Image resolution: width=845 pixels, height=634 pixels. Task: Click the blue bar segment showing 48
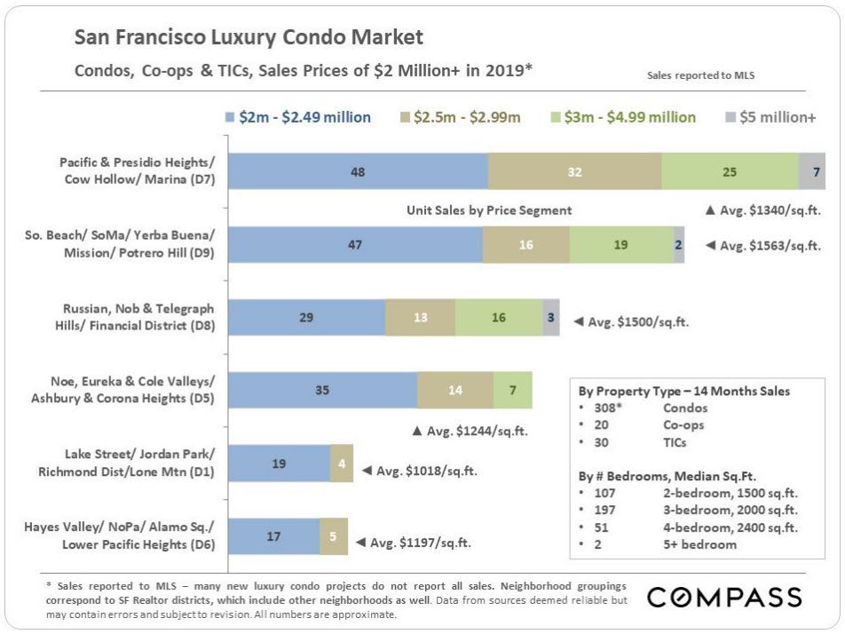click(358, 171)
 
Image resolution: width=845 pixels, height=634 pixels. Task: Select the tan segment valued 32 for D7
click(574, 171)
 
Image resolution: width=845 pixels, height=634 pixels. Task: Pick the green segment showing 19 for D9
click(621, 244)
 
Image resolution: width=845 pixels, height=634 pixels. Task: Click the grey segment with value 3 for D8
click(551, 317)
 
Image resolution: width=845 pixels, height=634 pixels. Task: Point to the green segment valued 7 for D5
click(512, 390)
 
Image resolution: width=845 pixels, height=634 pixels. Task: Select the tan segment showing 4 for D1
click(342, 463)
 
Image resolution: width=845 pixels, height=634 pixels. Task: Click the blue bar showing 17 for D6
click(274, 536)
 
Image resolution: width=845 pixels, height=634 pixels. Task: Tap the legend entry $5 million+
click(771, 117)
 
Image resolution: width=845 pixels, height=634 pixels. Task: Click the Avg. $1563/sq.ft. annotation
click(763, 245)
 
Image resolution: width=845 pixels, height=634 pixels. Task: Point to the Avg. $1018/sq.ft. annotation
click(419, 471)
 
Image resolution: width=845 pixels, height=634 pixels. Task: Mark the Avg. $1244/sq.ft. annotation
click(470, 431)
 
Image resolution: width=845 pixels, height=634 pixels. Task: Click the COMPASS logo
click(724, 597)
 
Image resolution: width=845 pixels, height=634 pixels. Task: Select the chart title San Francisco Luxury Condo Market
click(249, 37)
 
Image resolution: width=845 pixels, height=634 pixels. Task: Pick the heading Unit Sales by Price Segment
click(489, 210)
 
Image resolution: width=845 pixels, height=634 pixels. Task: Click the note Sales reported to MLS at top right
click(701, 76)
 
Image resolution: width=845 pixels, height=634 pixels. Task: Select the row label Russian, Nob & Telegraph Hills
click(138, 317)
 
